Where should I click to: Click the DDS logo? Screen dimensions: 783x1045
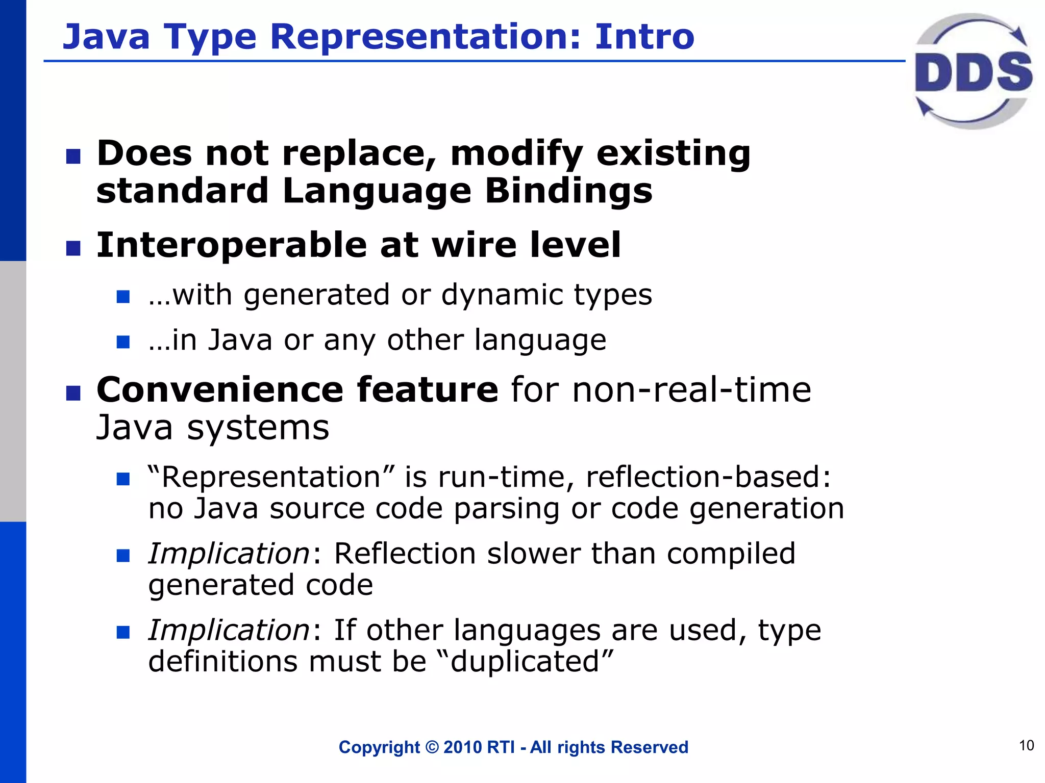[x=974, y=71]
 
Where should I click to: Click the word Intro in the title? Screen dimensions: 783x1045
[x=644, y=37]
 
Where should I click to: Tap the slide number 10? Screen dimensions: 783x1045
[x=1026, y=745]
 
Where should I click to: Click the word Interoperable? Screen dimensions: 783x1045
[x=231, y=245]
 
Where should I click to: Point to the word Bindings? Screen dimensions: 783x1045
[x=568, y=191]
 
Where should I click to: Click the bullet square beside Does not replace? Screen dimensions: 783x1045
[x=73, y=156]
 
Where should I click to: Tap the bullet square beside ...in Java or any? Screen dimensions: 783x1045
[x=123, y=342]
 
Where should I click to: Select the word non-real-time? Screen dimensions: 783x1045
[x=691, y=390]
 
